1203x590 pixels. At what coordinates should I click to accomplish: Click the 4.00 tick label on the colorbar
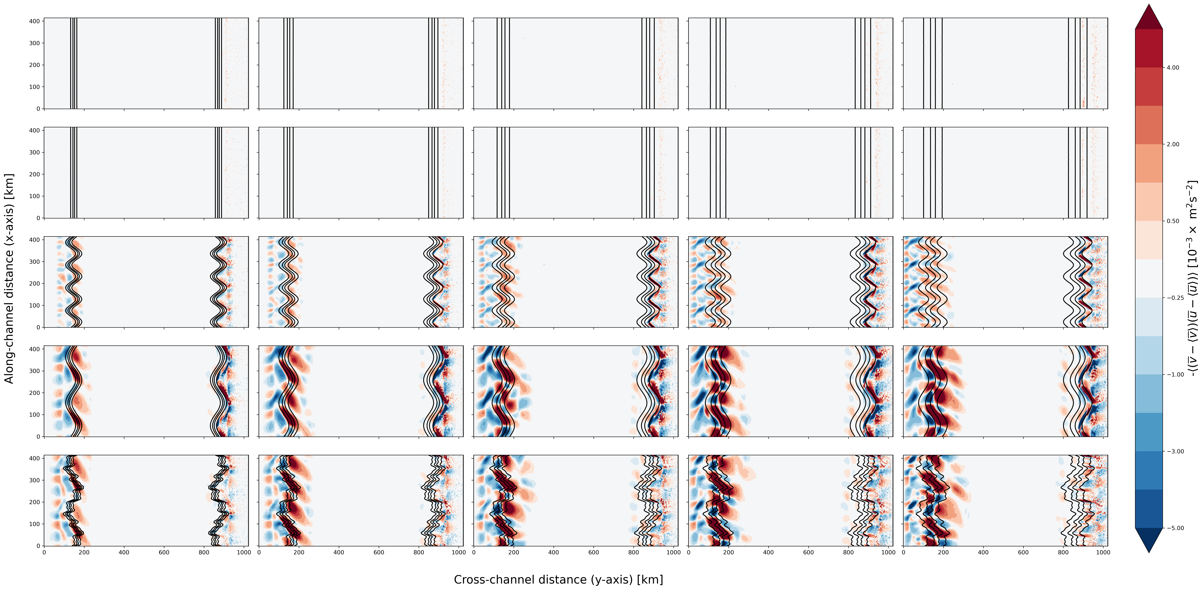tap(1173, 68)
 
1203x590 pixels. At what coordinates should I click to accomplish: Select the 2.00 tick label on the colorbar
tap(1173, 144)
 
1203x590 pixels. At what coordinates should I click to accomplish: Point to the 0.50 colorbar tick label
tap(1173, 221)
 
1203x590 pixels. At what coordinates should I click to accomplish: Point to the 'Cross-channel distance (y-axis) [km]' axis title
tap(558, 579)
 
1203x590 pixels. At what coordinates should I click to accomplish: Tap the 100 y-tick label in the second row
tap(35, 196)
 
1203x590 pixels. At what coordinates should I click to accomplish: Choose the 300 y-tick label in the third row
tap(35, 262)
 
